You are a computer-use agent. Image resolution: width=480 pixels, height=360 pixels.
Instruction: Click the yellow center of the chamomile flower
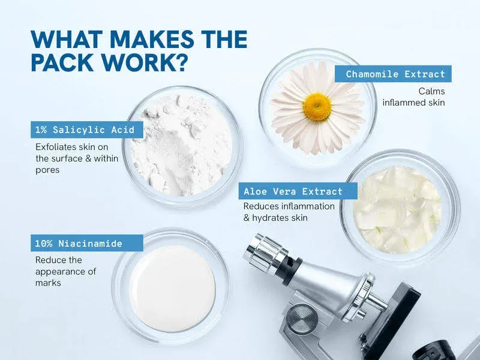[317, 107]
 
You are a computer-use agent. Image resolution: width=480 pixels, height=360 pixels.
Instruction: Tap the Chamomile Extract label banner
[393, 74]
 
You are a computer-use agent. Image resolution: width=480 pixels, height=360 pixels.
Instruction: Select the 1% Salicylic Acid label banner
[87, 130]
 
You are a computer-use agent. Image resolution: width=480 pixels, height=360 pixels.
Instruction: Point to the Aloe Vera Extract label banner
[298, 191]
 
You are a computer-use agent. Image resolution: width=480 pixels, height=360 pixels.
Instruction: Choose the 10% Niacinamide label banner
[87, 244]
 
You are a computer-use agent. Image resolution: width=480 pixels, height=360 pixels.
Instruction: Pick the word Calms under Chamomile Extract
[431, 91]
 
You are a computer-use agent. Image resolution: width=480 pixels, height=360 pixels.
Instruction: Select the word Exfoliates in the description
[56, 147]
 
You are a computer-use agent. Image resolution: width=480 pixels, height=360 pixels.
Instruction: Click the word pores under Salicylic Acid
[47, 170]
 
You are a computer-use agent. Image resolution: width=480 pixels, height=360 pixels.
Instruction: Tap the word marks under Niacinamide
[48, 283]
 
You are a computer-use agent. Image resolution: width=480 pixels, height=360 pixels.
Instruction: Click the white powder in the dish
[182, 145]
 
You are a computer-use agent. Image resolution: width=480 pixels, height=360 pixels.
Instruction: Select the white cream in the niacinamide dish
[172, 289]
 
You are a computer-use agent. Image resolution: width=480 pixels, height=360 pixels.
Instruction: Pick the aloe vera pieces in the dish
[397, 210]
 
